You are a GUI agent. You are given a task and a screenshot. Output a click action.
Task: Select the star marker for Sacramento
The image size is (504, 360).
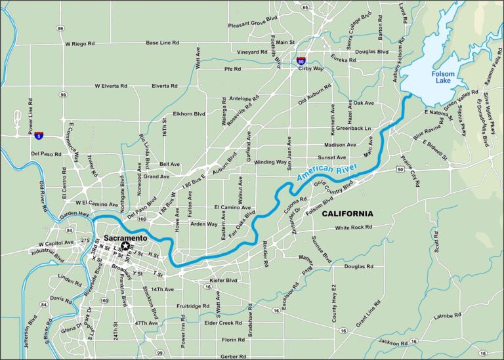(125, 245)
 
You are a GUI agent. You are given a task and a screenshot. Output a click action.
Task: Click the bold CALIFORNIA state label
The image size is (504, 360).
(347, 214)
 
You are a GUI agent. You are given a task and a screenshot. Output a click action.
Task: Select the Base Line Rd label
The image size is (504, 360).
(162, 43)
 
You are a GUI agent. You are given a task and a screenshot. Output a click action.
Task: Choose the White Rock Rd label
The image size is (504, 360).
(354, 228)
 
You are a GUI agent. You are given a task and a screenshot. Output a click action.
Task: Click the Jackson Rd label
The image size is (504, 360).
(392, 342)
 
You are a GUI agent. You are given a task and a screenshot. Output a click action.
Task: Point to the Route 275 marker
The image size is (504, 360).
(83, 241)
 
